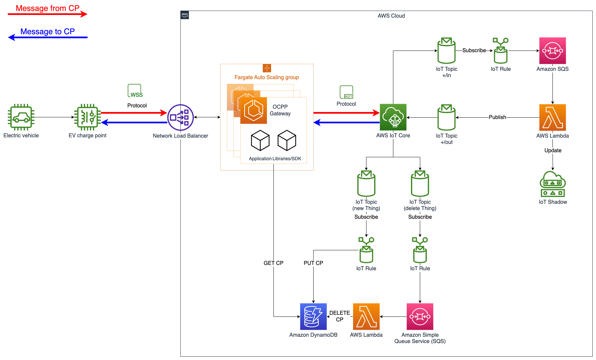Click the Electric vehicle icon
pyautogui.click(x=21, y=117)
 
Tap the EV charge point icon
pyautogui.click(x=87, y=117)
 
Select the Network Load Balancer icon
pyautogui.click(x=180, y=117)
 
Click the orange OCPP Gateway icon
pyautogui.click(x=253, y=110)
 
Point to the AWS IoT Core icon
pyautogui.click(x=393, y=117)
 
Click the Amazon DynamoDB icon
pyautogui.click(x=313, y=316)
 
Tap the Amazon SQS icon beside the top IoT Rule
pyautogui.click(x=552, y=51)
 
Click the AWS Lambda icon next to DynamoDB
pyautogui.click(x=366, y=316)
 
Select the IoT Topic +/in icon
pyautogui.click(x=447, y=51)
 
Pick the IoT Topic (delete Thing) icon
pyautogui.click(x=420, y=183)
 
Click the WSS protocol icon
pyautogui.click(x=135, y=91)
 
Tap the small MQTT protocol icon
pyautogui.click(x=346, y=92)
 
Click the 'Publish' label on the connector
pyautogui.click(x=497, y=117)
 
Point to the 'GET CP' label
pyautogui.click(x=273, y=263)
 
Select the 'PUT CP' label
pyautogui.click(x=313, y=263)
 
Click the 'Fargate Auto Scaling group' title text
pyautogui.click(x=266, y=77)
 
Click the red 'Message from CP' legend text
pyautogui.click(x=48, y=8)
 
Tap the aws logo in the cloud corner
pyautogui.click(x=185, y=15)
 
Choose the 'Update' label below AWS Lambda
pyautogui.click(x=552, y=150)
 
